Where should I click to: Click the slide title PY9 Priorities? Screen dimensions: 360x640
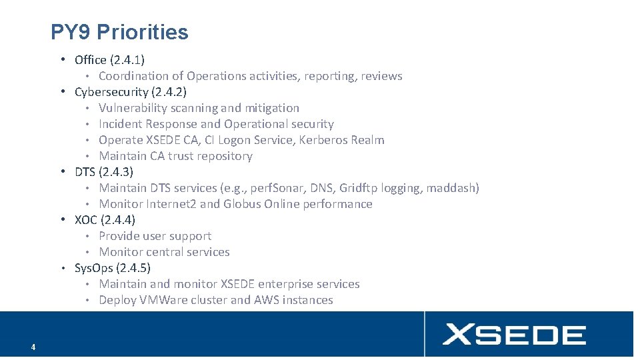tap(119, 32)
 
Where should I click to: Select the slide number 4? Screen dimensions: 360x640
tap(33, 347)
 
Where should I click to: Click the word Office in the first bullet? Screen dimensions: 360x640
tap(90, 60)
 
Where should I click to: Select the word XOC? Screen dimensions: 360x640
tap(86, 220)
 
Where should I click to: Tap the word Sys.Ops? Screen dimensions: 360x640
tap(94, 268)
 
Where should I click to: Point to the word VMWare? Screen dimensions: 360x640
tap(165, 300)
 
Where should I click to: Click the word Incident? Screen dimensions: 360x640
tap(121, 124)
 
